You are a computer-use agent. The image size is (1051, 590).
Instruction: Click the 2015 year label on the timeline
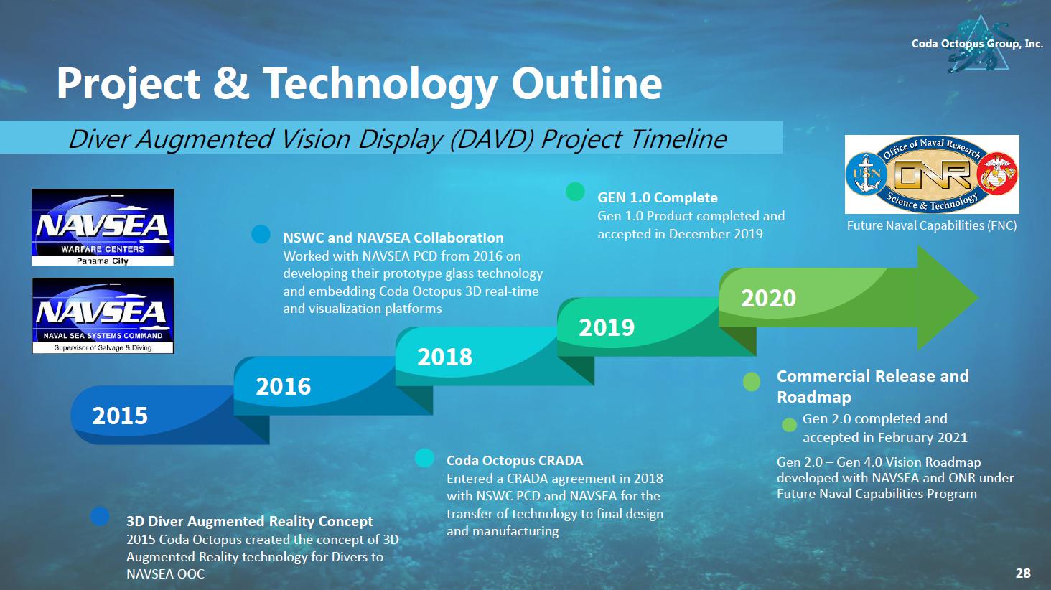120,416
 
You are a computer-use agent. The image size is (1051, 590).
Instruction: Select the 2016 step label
283,386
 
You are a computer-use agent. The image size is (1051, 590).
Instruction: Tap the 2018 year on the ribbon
445,357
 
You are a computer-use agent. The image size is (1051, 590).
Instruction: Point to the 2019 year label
607,327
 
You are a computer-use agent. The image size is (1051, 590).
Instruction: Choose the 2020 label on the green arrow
769,298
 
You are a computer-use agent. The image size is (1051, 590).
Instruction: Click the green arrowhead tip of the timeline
978,297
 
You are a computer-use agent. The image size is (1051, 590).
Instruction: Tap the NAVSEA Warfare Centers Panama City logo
103,227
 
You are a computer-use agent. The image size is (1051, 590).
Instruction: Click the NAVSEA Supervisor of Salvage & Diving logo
103,316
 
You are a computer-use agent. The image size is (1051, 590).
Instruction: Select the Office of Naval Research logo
932,174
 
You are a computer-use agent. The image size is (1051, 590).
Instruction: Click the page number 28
1023,573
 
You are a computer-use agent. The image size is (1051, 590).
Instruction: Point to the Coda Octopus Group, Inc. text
977,44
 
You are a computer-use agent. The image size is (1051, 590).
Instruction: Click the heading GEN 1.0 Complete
658,197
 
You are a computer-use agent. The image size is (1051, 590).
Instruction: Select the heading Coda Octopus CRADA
515,461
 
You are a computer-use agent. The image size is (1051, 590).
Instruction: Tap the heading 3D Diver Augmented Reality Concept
250,521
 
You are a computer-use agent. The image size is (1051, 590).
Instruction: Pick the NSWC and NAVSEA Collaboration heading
393,238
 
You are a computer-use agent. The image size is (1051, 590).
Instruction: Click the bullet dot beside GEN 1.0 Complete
575,192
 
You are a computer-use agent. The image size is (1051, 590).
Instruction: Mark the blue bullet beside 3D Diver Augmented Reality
100,516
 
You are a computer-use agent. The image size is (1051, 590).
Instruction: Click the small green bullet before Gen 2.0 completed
790,425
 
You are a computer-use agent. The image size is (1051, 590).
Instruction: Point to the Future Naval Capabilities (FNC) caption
932,225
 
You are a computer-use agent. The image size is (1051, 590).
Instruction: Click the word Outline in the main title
587,83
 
